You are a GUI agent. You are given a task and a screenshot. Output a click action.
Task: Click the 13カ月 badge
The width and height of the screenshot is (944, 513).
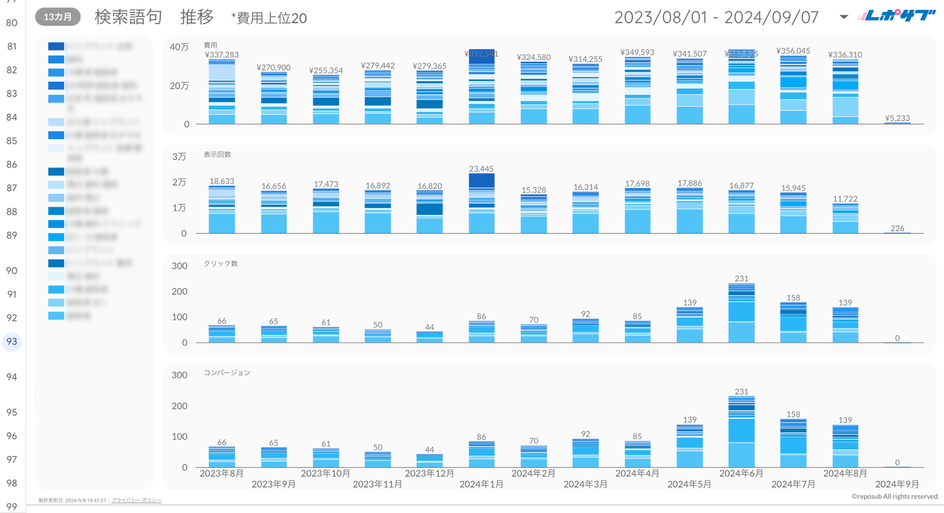[58, 17]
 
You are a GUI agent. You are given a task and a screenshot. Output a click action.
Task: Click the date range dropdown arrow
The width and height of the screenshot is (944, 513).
[843, 17]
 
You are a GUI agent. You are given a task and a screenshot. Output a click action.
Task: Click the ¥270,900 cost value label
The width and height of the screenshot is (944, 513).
[274, 67]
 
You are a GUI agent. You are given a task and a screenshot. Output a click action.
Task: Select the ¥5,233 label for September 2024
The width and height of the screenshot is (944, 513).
[897, 118]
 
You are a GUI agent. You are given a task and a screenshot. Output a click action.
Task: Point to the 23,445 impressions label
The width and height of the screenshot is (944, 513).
[481, 169]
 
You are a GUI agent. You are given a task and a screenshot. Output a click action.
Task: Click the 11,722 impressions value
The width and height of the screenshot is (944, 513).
[845, 199]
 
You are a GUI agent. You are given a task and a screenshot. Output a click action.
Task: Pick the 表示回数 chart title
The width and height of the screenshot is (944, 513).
[217, 155]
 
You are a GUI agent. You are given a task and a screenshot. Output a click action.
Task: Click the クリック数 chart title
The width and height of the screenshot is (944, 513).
[221, 263]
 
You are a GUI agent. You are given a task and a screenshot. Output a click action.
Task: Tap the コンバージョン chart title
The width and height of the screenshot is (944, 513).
[227, 372]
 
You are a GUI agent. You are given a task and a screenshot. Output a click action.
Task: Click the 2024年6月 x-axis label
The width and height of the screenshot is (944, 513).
[741, 473]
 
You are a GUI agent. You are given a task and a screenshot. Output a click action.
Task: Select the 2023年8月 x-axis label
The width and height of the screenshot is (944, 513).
[221, 473]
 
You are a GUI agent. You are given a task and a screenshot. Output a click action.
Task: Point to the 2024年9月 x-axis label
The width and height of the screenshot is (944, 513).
[897, 484]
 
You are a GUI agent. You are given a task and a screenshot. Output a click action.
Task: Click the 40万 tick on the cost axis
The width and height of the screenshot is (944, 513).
[179, 47]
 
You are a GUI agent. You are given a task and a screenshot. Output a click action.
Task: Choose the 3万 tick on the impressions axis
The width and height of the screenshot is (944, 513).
[179, 156]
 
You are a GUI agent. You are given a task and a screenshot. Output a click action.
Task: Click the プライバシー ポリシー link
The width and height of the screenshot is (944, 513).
[137, 500]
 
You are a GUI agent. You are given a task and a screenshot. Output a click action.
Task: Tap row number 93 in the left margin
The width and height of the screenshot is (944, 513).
[12, 342]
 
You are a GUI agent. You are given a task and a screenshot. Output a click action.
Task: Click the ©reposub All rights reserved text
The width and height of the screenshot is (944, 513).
[895, 497]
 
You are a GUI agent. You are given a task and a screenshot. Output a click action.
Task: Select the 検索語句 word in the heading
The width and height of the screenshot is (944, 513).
[128, 17]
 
